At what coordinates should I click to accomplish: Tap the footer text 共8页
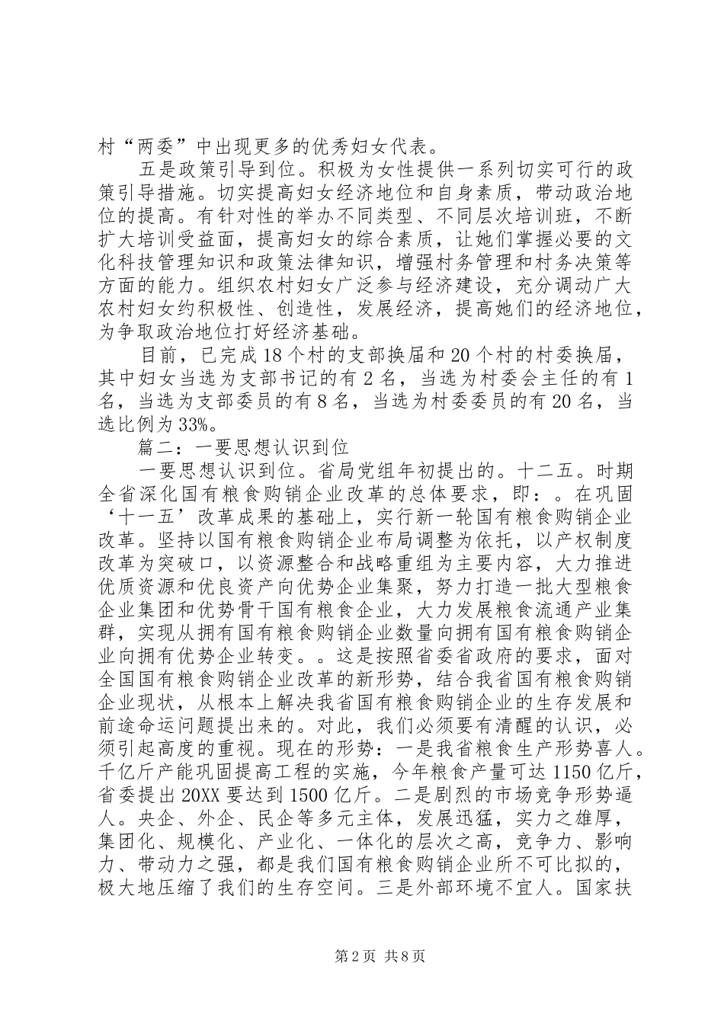tap(404, 955)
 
